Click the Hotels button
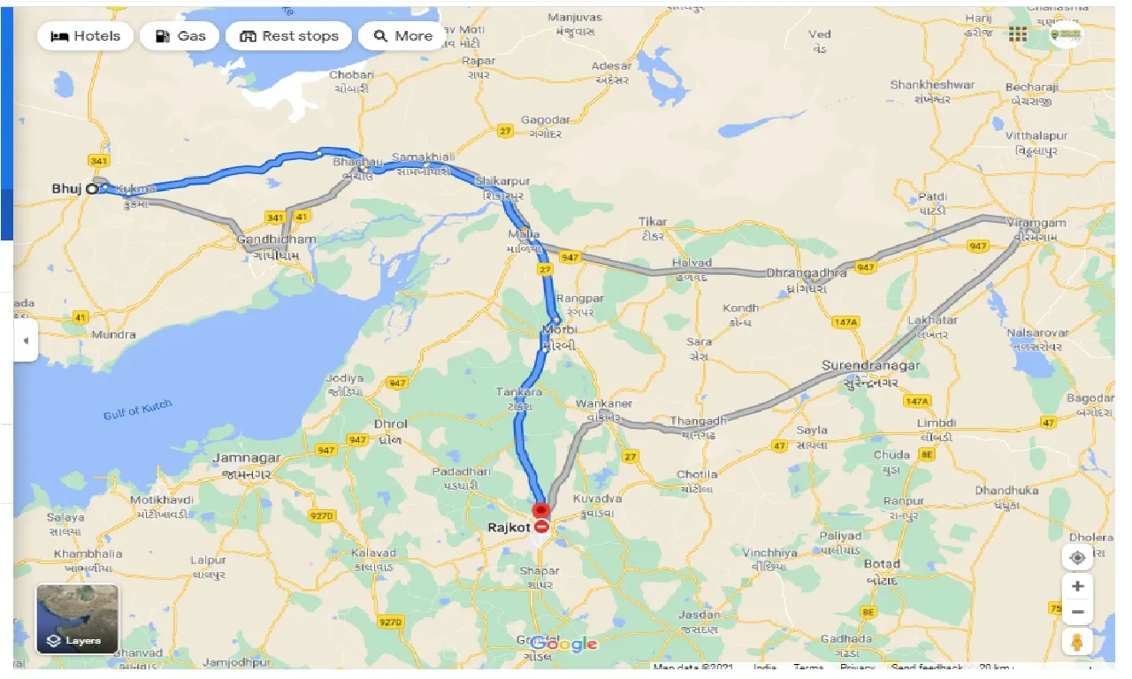point(86,36)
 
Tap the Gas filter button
point(180,36)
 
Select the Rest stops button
point(288,36)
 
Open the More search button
point(403,36)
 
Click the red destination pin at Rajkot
point(540,511)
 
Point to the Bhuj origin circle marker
point(91,188)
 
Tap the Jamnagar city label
point(247,458)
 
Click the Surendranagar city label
point(870,365)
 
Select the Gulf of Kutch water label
point(137,409)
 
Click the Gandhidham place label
point(276,240)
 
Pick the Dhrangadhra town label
point(806,273)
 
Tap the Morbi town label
point(559,330)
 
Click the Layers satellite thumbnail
point(77,618)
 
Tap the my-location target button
point(1077,558)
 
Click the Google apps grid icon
point(1018,34)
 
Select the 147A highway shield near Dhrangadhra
point(845,323)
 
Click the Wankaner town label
point(604,403)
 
